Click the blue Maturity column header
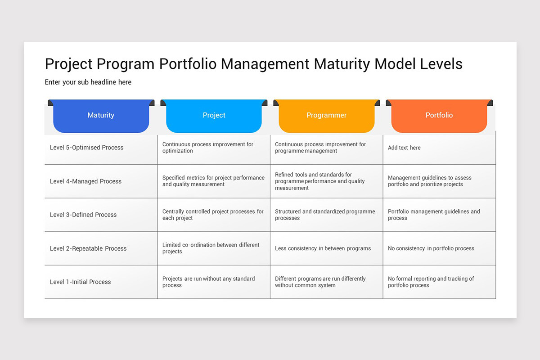(101, 115)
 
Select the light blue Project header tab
(214, 115)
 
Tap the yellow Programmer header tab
(326, 115)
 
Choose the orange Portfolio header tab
(439, 115)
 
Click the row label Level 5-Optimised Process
(86, 148)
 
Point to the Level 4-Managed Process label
(85, 181)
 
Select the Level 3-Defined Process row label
(83, 215)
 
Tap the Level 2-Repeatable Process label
(88, 248)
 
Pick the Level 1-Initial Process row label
(80, 282)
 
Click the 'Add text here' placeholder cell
(404, 148)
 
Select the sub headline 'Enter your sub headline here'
(88, 82)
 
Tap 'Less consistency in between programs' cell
(323, 248)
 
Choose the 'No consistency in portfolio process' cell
(431, 248)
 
